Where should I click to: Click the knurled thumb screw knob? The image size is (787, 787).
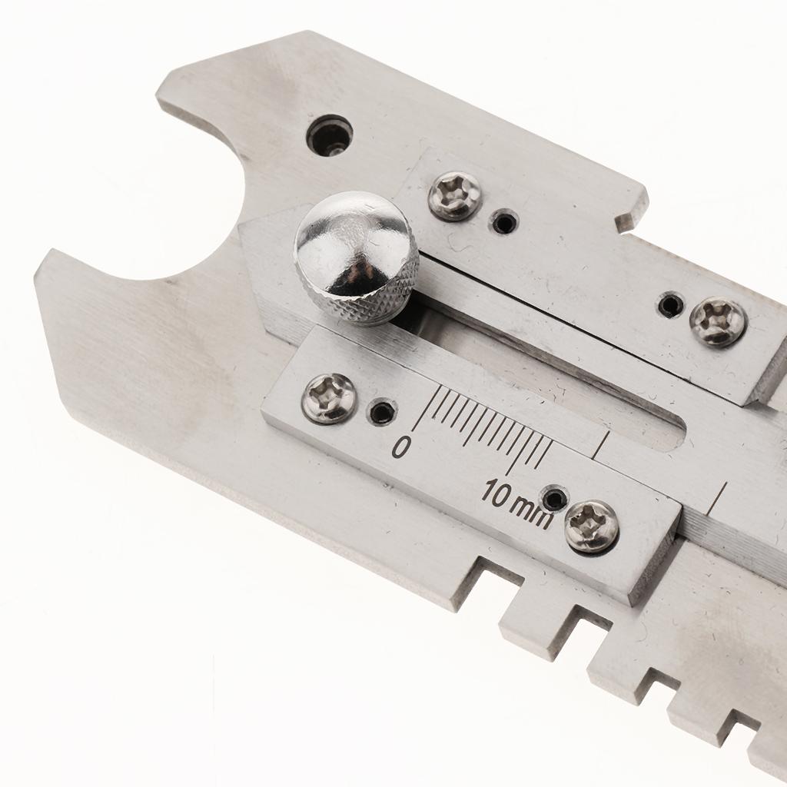(357, 258)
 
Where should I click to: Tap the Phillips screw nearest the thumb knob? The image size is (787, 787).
(455, 196)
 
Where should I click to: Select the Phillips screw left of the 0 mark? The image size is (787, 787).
(330, 398)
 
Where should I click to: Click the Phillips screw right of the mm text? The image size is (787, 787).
(592, 525)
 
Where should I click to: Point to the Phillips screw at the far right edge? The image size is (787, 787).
(719, 321)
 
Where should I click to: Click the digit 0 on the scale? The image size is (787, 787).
(400, 447)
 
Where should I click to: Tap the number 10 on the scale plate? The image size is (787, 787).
(496, 493)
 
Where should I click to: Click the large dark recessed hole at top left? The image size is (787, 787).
(329, 135)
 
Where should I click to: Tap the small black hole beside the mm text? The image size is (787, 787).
(554, 498)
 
